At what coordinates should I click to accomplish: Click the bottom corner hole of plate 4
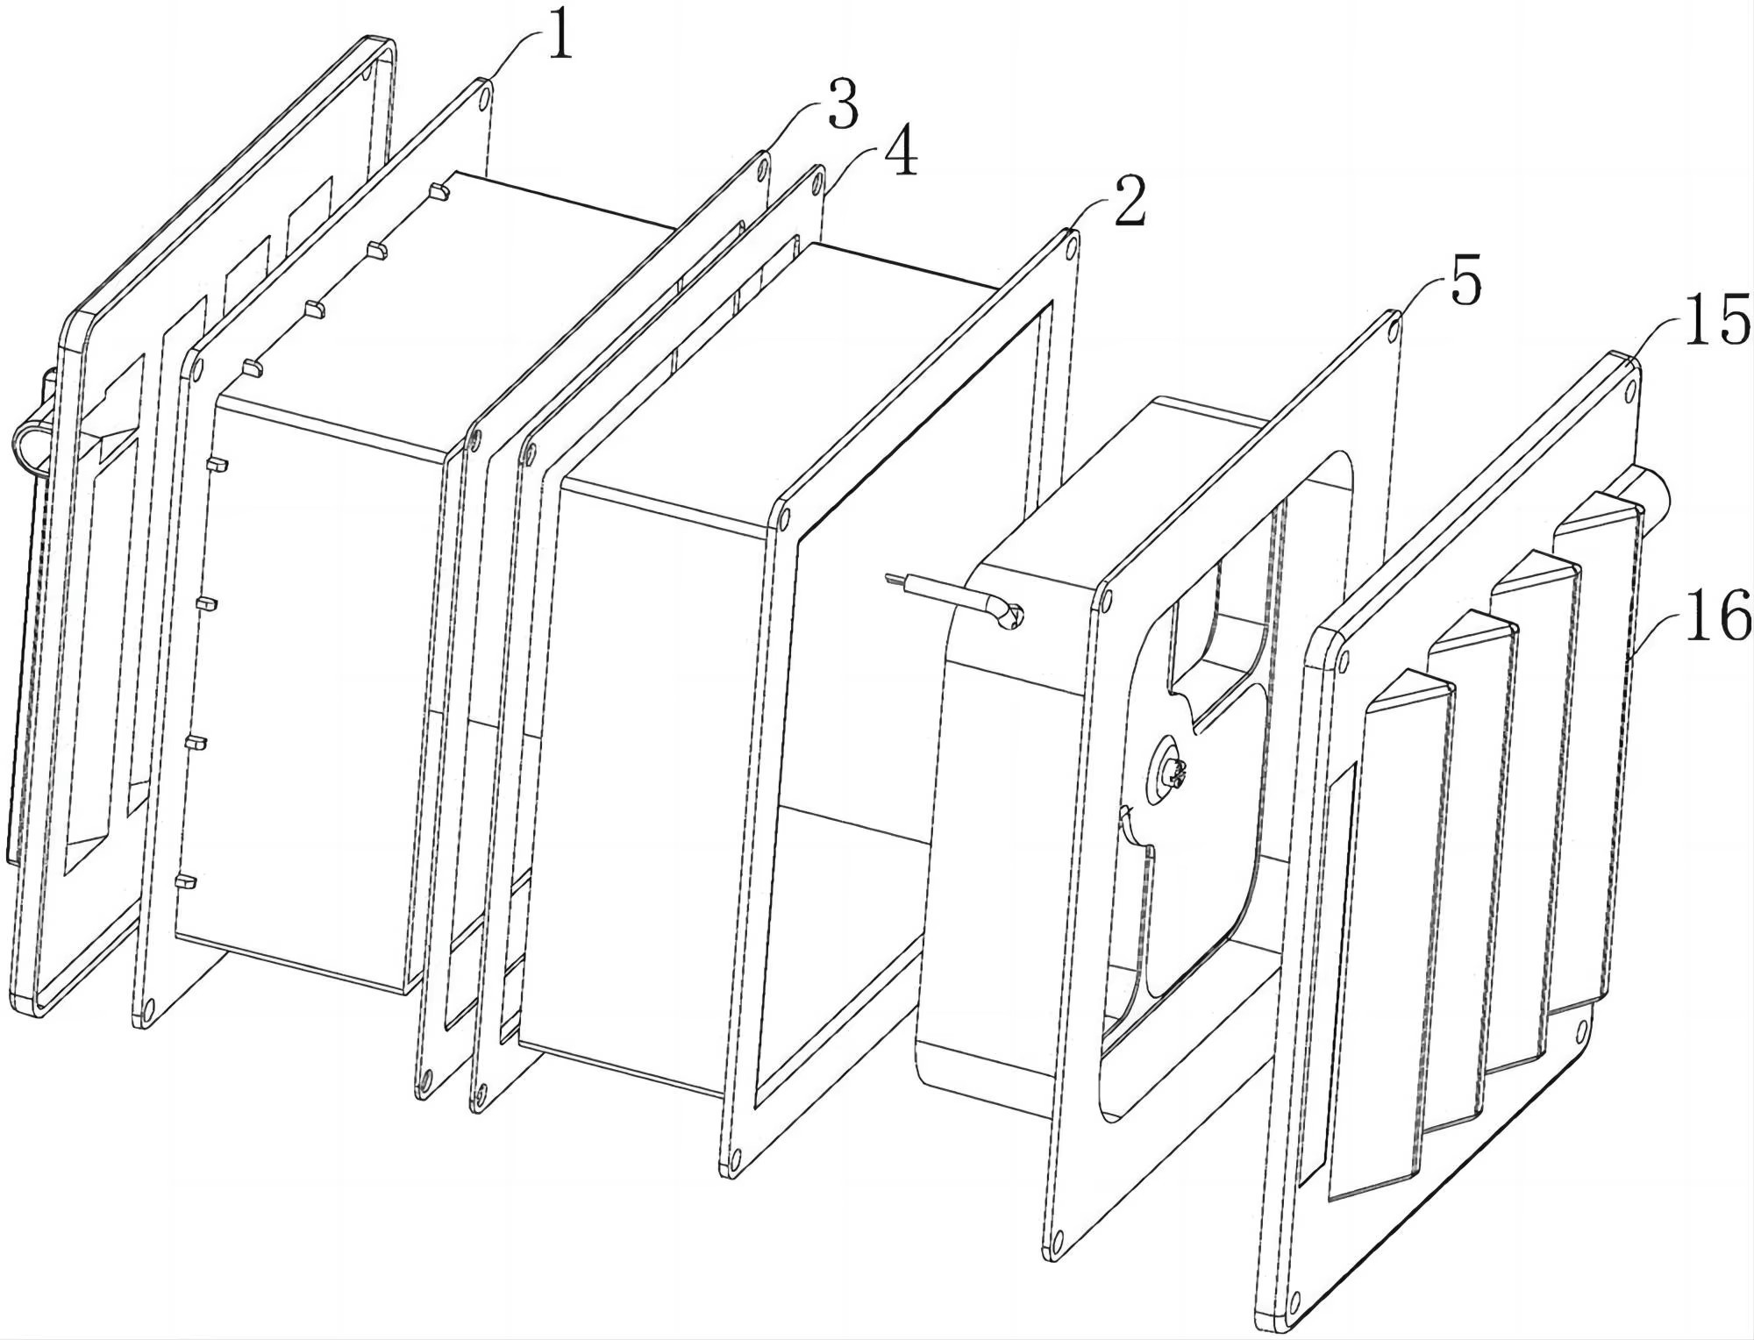(480, 1092)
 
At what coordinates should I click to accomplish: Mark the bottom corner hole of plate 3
(425, 1079)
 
